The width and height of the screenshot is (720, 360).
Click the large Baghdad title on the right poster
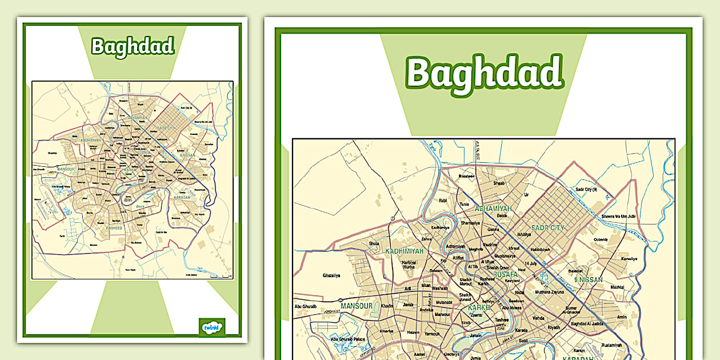pos(484,73)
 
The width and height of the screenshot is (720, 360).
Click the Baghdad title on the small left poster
pos(133,46)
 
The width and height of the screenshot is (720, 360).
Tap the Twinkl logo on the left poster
pos(211,327)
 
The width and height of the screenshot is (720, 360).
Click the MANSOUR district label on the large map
pos(357,306)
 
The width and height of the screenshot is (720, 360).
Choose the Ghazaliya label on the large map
pos(331,275)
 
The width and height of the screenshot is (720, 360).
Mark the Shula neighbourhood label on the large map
pos(374,243)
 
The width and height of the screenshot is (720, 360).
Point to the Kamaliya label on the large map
pos(629,259)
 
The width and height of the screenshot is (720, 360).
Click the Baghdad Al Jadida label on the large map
pos(584,325)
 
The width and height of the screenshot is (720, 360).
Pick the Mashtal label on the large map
pos(617,287)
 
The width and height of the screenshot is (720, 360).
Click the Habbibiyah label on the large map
pos(539,250)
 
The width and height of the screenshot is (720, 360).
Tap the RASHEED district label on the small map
pos(114,228)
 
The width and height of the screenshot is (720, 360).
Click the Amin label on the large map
pos(622,317)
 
